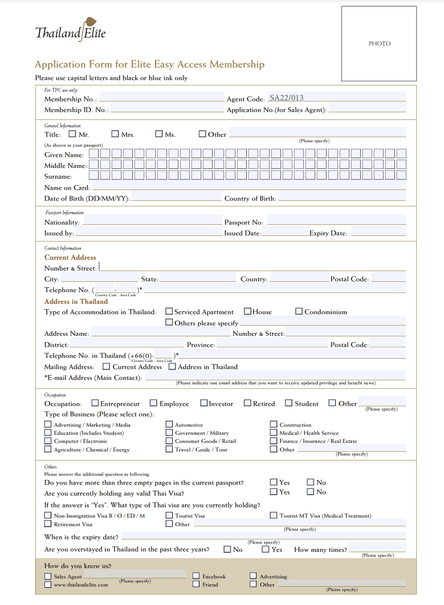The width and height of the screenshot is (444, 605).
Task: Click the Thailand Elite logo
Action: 70,30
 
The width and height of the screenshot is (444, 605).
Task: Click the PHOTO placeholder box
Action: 379,44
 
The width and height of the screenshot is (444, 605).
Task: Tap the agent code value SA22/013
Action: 286,98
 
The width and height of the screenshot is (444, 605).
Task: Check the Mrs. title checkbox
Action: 115,134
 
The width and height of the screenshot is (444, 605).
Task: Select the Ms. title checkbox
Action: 159,134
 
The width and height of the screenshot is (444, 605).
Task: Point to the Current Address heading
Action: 70,257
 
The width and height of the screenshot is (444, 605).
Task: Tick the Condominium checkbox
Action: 299,311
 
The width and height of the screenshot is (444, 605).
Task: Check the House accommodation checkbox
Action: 247,311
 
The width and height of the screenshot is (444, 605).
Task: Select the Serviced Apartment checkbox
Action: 169,311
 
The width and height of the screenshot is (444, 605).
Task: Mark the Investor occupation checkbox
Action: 204,403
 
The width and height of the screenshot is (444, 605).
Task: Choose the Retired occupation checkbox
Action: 247,403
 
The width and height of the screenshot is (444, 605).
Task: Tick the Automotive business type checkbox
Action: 169,424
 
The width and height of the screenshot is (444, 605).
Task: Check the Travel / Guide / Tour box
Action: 169,449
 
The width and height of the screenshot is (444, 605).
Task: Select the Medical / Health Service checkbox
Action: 273,433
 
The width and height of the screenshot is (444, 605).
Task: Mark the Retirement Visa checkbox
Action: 48,524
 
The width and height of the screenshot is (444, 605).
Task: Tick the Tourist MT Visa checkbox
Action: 273,515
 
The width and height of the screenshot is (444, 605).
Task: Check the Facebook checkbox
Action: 196,576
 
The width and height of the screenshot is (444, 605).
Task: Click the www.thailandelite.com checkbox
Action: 48,584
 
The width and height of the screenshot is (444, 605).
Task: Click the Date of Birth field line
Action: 177,198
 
